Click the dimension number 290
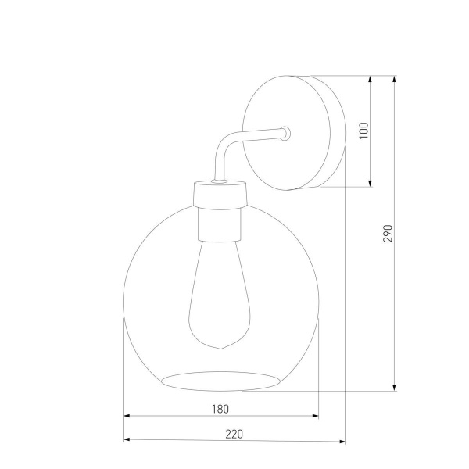(388, 232)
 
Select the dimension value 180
(221, 408)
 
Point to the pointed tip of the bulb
(220, 347)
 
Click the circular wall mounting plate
(293, 134)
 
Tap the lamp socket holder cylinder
(220, 223)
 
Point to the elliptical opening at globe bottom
(220, 380)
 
